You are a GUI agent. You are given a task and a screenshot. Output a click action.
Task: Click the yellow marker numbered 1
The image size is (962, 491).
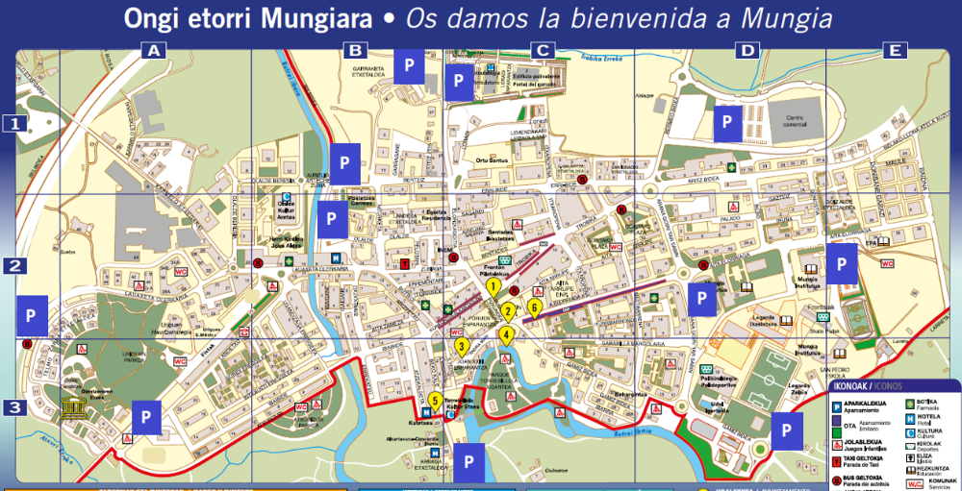click(x=493, y=285)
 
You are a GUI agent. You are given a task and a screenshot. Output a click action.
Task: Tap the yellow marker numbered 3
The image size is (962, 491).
click(x=462, y=346)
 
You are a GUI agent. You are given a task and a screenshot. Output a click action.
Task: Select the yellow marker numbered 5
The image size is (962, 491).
click(x=436, y=401)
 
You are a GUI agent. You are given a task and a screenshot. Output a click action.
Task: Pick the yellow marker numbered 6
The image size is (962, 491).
click(x=535, y=307)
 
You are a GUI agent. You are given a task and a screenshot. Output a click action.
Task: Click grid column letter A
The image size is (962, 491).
click(x=152, y=51)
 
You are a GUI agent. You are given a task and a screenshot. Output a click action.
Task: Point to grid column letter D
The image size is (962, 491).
click(x=747, y=51)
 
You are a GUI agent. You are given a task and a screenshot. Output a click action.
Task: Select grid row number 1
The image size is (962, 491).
click(x=14, y=123)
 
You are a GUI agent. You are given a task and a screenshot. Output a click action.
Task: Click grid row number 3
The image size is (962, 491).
click(x=14, y=407)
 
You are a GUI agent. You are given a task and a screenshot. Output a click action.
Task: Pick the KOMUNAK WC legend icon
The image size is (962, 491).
click(x=911, y=482)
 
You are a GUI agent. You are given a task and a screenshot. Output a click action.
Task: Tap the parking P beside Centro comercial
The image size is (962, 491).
click(x=727, y=122)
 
